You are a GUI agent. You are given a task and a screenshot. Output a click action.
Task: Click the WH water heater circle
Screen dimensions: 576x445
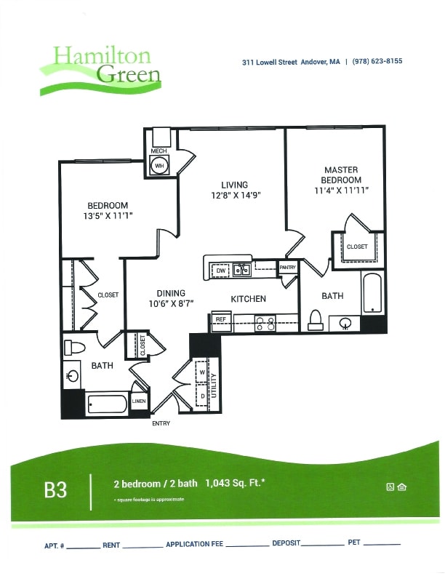click(x=159, y=165)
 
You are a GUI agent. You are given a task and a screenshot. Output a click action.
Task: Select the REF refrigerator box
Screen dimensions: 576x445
click(x=220, y=319)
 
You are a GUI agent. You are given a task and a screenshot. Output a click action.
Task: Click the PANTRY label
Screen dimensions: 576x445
click(x=288, y=268)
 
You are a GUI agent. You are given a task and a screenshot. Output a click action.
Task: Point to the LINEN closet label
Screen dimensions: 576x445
click(x=138, y=401)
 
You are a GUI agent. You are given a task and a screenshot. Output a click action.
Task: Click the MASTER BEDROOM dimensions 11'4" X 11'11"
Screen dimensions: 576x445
click(x=342, y=191)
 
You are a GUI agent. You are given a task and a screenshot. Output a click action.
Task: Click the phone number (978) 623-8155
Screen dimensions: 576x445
click(x=377, y=62)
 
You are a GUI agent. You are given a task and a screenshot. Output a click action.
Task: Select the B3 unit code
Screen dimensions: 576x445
click(x=55, y=489)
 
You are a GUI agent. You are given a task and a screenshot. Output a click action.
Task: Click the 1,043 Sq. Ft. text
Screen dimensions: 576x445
click(x=234, y=483)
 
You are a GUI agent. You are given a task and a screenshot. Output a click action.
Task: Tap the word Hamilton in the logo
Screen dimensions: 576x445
click(x=101, y=56)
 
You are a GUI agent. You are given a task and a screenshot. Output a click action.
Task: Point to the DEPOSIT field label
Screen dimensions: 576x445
click(x=286, y=544)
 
